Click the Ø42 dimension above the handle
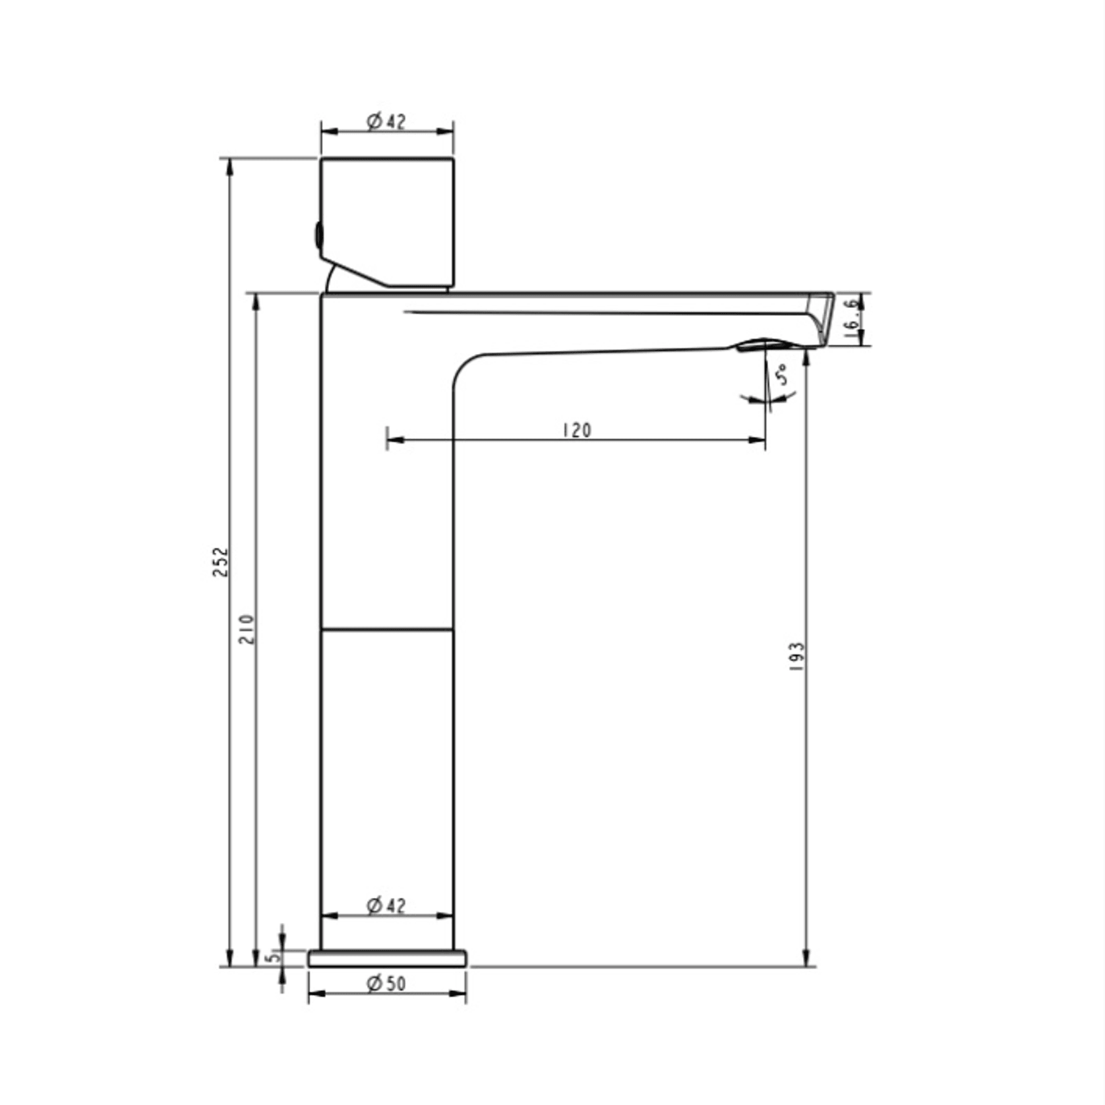click(386, 121)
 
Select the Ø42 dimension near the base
click(386, 905)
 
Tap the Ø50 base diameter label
click(386, 984)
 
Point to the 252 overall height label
click(221, 562)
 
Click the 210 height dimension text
click(247, 629)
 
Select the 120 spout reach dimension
click(577, 431)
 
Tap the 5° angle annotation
click(781, 375)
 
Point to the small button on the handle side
click(318, 235)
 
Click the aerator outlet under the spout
click(765, 345)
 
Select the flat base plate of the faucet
click(387, 959)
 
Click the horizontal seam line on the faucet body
click(387, 630)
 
